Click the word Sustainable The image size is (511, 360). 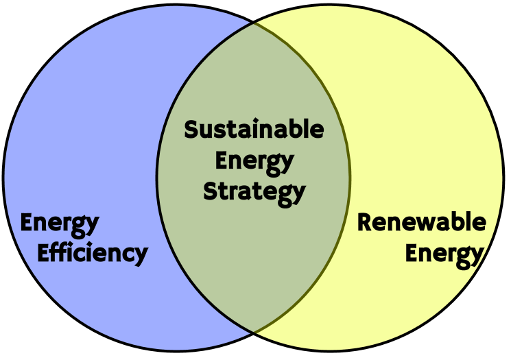(x=254, y=130)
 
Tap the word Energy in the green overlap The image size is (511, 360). (x=254, y=163)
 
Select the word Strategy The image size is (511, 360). (x=254, y=191)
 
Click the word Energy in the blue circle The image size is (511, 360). (x=60, y=224)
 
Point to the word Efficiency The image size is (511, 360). (x=92, y=254)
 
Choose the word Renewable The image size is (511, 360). (x=421, y=223)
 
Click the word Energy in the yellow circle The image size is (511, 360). (x=444, y=254)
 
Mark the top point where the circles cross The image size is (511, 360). (x=254, y=23)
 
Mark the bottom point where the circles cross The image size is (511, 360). (x=254, y=332)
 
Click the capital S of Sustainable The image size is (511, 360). (x=191, y=130)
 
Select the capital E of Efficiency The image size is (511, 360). (x=43, y=253)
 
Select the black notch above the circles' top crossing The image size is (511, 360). (x=254, y=10)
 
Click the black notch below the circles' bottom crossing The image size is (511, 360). (x=254, y=347)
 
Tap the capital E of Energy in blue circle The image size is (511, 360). (x=27, y=223)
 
